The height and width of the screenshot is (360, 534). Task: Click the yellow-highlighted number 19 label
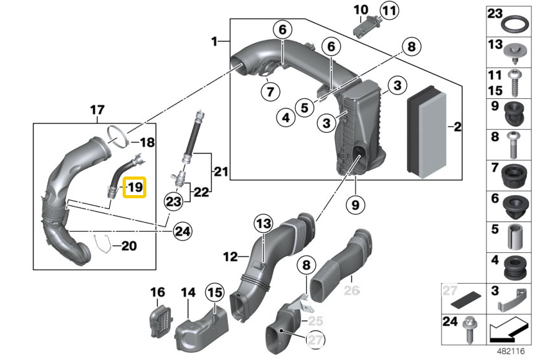click(x=135, y=188)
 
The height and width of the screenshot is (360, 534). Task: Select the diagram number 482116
click(x=510, y=351)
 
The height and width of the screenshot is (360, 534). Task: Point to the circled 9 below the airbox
click(x=354, y=205)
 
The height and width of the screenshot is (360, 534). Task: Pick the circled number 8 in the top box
click(x=411, y=46)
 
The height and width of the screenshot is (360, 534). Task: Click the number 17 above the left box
click(x=97, y=110)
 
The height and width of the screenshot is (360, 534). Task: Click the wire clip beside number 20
click(x=100, y=244)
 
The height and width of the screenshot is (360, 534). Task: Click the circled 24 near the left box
click(x=182, y=230)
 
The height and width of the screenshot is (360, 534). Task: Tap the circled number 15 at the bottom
click(x=214, y=293)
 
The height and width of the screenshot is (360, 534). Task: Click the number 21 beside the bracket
click(x=221, y=172)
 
